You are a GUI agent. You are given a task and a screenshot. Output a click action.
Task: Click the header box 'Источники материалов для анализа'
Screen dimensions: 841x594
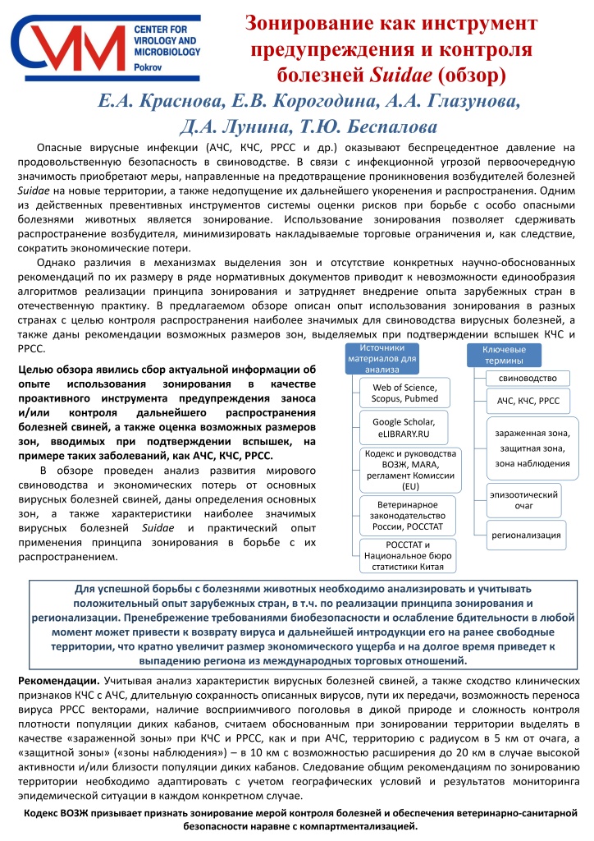pos(382,359)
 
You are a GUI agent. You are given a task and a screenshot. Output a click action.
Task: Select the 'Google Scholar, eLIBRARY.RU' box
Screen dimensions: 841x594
pos(404,427)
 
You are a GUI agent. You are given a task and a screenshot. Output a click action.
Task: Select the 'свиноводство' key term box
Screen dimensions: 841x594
pos(528,378)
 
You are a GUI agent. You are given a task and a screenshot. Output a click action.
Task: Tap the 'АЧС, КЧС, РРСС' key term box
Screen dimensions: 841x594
pos(528,401)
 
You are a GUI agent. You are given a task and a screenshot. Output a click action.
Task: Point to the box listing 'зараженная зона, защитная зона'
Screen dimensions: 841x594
pos(527,448)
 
